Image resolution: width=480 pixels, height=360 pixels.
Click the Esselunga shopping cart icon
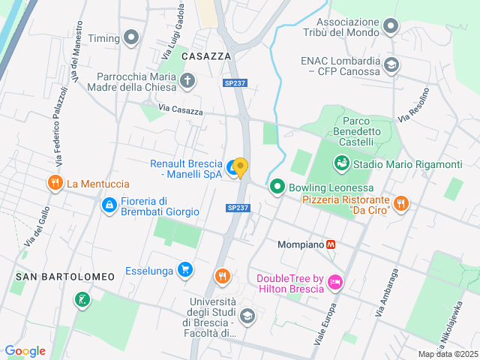(x=185, y=270)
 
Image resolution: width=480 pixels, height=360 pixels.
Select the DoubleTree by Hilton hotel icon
(x=334, y=283)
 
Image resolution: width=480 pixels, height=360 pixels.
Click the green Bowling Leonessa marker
(x=277, y=187)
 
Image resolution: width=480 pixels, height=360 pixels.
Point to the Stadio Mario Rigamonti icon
(x=342, y=163)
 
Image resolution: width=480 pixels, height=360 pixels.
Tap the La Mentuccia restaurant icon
(x=55, y=183)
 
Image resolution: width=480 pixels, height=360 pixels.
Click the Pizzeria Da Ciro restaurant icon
(x=401, y=202)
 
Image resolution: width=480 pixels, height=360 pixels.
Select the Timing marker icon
(x=133, y=37)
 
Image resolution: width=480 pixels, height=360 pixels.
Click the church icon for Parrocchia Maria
(x=187, y=80)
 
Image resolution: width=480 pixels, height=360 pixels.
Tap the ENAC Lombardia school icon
(x=391, y=65)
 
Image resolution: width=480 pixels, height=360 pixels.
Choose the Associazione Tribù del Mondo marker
(x=390, y=28)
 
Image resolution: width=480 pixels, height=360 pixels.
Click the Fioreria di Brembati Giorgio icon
(x=109, y=204)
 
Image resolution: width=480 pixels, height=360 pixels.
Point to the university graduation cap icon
(x=247, y=316)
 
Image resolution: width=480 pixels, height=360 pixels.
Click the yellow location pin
(x=240, y=167)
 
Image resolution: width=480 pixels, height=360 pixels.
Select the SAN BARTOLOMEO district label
(x=64, y=277)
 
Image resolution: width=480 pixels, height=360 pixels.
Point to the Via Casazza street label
(x=181, y=111)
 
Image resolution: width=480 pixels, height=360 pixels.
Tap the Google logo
(x=25, y=350)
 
